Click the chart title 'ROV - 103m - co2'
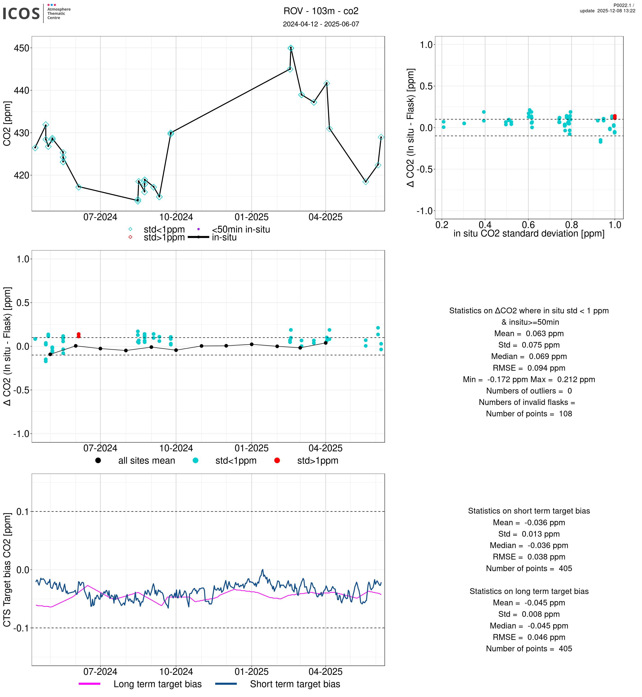[x=321, y=11]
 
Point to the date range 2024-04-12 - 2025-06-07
[x=321, y=24]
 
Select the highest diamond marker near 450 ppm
[x=291, y=48]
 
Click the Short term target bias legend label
[x=295, y=684]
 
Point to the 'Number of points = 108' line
[x=529, y=414]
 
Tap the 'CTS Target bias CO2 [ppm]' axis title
[x=7, y=570]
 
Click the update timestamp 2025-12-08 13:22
[x=607, y=11]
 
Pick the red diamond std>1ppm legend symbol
[x=130, y=237]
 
